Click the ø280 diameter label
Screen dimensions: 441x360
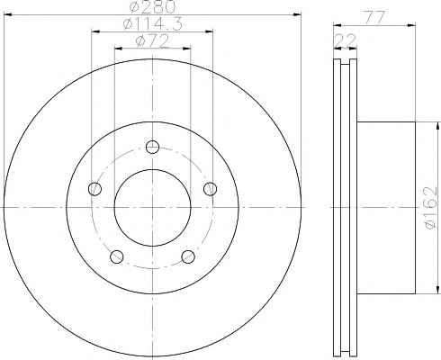point(152,6)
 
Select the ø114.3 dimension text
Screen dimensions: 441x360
point(153,24)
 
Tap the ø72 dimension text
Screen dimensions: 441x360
point(153,41)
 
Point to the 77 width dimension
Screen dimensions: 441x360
point(374,18)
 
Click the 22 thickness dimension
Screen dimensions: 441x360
point(345,40)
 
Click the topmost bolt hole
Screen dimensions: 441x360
point(152,147)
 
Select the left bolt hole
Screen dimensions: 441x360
point(95,189)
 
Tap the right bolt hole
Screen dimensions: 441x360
point(210,189)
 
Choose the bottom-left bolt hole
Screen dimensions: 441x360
point(117,256)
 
